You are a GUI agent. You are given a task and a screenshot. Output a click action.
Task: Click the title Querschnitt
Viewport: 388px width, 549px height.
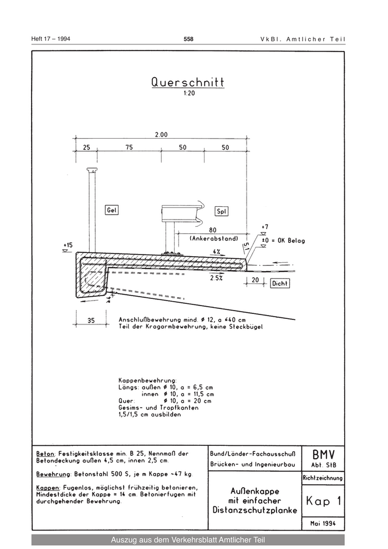point(187,82)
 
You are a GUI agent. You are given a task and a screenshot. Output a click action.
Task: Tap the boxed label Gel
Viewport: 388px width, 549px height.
point(111,210)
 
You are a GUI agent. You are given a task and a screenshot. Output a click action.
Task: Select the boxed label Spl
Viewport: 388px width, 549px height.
point(222,211)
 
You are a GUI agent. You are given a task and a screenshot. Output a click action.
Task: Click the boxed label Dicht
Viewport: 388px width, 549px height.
point(280,283)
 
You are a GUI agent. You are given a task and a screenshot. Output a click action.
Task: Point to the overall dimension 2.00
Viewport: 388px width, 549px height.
point(161,134)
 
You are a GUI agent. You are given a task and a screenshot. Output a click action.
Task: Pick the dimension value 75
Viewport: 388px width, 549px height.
point(129,148)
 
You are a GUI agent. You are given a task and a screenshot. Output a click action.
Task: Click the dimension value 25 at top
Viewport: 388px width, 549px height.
point(86,148)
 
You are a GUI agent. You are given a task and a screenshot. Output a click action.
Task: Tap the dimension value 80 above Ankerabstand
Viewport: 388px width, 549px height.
point(212,230)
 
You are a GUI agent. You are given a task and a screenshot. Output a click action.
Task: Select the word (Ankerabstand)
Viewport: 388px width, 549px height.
point(214,238)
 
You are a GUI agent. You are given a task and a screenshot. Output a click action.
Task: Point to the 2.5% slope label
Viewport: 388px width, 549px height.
point(216,278)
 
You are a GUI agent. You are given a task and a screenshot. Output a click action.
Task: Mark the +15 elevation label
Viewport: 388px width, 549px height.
point(68,245)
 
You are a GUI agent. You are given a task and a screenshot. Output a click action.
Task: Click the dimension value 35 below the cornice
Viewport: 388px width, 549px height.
point(91,320)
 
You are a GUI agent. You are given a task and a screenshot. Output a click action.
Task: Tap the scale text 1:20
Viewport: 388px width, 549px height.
point(188,93)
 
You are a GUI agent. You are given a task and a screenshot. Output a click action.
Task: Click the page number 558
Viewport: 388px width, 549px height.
point(188,39)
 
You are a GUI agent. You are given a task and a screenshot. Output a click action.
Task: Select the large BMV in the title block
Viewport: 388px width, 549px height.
point(323,455)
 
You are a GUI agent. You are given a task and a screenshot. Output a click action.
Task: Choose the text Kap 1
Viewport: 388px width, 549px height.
point(323,501)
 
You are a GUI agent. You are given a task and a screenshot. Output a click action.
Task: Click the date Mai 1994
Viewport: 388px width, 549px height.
point(323,523)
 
